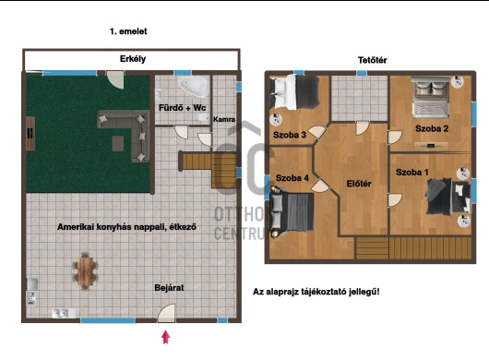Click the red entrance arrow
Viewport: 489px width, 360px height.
coord(165,337)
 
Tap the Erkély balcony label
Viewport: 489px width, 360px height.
coord(133,59)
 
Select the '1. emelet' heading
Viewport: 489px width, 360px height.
coord(128,31)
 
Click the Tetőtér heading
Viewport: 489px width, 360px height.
coord(373,60)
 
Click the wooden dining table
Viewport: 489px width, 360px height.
coord(86,270)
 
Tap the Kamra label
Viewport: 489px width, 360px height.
coord(224,119)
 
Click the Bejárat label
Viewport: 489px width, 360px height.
coord(169,287)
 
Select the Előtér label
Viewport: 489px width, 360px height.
coord(359,184)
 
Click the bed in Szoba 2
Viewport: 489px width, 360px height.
coord(431,97)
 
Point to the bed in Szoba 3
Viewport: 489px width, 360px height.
coord(294,91)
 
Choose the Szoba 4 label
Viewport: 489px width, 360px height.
coord(292,178)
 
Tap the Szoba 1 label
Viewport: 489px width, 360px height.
coord(412,172)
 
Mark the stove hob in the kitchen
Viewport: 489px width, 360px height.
coord(30,298)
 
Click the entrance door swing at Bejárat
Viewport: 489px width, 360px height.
coord(166,313)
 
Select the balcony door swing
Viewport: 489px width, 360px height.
coord(115,80)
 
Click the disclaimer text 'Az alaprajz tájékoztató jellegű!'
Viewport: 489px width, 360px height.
coord(316,292)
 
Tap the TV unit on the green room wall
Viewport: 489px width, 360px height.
coord(30,134)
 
